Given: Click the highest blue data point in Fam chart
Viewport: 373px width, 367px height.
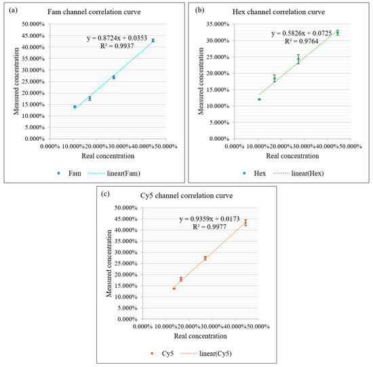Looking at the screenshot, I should (x=153, y=41).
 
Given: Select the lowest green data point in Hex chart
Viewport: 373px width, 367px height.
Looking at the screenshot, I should (x=259, y=100).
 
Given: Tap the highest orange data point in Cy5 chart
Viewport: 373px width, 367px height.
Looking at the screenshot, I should (x=246, y=223).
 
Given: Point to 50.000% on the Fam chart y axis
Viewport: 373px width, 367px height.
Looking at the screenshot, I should (x=31, y=24).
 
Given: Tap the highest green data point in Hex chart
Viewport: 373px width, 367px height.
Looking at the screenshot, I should (x=337, y=33).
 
